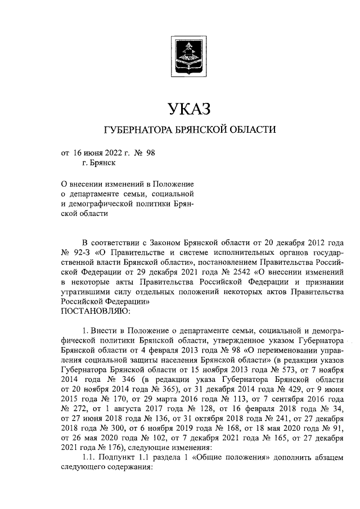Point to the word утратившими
85,292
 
